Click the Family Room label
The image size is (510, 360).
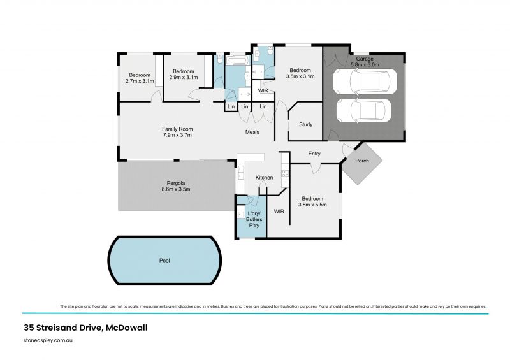pyautogui.click(x=177, y=132)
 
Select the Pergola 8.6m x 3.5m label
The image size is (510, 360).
pyautogui.click(x=175, y=186)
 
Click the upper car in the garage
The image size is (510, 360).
pyautogui.click(x=367, y=82)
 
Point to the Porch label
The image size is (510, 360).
pyautogui.click(x=362, y=161)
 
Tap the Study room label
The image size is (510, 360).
pyautogui.click(x=306, y=124)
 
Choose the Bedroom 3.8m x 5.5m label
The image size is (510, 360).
pyautogui.click(x=313, y=202)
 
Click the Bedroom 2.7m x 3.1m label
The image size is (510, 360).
pyautogui.click(x=140, y=78)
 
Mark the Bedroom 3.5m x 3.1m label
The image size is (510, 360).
pyautogui.click(x=300, y=74)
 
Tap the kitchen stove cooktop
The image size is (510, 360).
pyautogui.click(x=285, y=173)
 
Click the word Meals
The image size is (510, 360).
pyautogui.click(x=253, y=132)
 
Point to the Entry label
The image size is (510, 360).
pyautogui.click(x=314, y=154)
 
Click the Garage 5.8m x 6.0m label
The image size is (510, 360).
pyautogui.click(x=364, y=62)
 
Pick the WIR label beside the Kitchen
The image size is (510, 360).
pyautogui.click(x=279, y=210)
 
